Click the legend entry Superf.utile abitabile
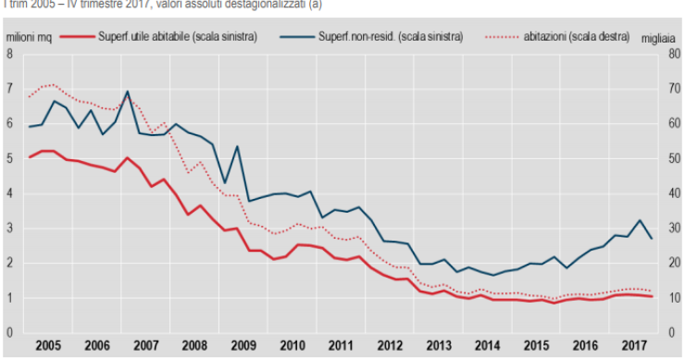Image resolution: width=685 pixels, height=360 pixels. [177, 36]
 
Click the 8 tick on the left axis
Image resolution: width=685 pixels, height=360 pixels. [9, 54]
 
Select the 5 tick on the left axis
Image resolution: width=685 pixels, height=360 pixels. [9, 158]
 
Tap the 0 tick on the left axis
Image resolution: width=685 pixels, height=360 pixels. [9, 332]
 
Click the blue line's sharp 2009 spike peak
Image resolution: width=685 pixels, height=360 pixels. [237, 146]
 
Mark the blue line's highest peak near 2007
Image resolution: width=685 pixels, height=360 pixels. [127, 92]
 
